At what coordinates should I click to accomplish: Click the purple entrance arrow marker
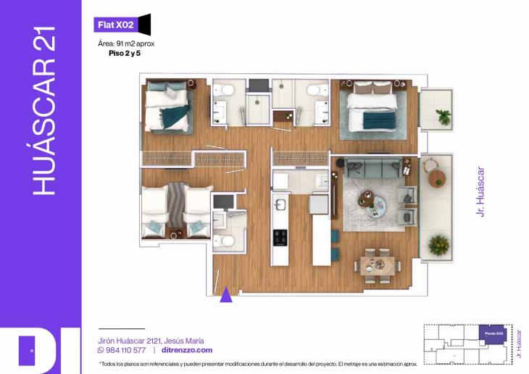[225, 294]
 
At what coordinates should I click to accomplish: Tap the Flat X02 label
[116, 25]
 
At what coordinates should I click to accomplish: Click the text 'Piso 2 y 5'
[125, 54]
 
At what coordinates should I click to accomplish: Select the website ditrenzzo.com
[187, 350]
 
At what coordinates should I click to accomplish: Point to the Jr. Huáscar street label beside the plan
[480, 192]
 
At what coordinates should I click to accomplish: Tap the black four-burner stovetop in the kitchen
[280, 237]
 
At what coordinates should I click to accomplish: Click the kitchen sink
[280, 204]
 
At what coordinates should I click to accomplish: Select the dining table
[377, 266]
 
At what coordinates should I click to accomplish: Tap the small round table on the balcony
[437, 178]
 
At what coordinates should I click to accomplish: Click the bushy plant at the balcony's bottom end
[438, 245]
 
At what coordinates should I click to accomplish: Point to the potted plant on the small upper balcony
[443, 117]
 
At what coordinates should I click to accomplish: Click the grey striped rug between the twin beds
[176, 204]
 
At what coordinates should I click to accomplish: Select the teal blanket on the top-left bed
[175, 115]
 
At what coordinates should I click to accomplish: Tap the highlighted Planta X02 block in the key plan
[493, 334]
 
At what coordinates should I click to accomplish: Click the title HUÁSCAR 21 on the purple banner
[44, 110]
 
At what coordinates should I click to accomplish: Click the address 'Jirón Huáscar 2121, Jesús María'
[151, 341]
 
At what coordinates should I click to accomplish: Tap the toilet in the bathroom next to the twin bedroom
[224, 241]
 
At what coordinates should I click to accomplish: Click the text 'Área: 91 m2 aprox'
[126, 43]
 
